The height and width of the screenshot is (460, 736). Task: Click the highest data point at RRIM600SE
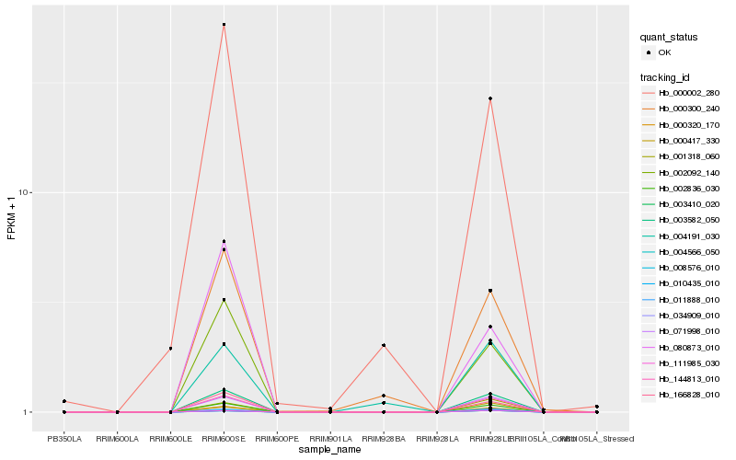coord(224,24)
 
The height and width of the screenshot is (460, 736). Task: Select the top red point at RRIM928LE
coord(490,98)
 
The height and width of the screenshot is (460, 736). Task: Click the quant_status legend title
coord(669,37)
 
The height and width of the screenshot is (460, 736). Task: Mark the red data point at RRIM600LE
coord(171,349)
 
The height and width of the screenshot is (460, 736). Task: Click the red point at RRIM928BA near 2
coord(384,345)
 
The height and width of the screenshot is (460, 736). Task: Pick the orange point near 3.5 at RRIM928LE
coord(490,291)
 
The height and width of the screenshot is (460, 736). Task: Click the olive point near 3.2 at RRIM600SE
coord(224,300)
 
